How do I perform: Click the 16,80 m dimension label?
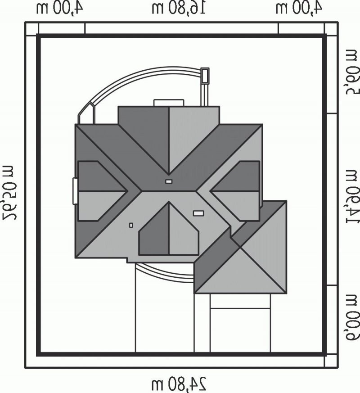click(x=179, y=8)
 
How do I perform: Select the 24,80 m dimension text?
click(x=179, y=383)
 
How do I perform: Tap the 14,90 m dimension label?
click(x=352, y=196)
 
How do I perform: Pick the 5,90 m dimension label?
click(x=352, y=72)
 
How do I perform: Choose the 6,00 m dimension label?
click(x=352, y=318)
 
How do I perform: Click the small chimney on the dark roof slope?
click(x=169, y=181)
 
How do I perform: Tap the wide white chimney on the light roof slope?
click(x=198, y=213)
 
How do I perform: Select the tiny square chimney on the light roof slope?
click(x=131, y=226)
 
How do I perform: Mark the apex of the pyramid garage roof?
click(x=240, y=247)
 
